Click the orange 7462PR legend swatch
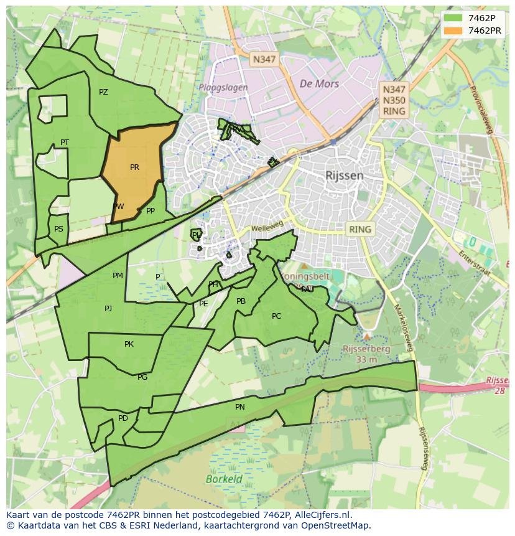tap(453, 31)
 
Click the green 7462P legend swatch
tap(453, 18)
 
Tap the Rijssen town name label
tap(344, 176)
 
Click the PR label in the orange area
tap(134, 167)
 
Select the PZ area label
tap(103, 92)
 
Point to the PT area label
tap(65, 143)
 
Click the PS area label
tap(58, 229)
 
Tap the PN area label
tap(240, 407)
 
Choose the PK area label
tap(129, 344)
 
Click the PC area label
tap(276, 316)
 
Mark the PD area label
tap(123, 418)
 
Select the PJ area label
tap(108, 308)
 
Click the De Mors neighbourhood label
tap(319, 83)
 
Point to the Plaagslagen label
tap(223, 88)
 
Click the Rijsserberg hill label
tap(366, 349)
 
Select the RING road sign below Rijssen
tap(360, 229)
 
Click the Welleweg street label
tap(267, 228)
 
